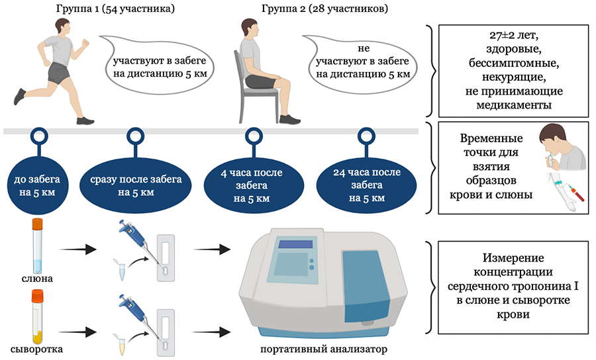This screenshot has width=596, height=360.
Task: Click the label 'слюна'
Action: point(37,279)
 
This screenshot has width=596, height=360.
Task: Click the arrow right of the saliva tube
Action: point(77,250)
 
